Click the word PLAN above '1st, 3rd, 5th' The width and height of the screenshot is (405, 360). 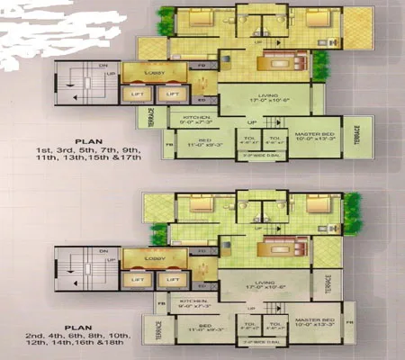pyautogui.click(x=88, y=139)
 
